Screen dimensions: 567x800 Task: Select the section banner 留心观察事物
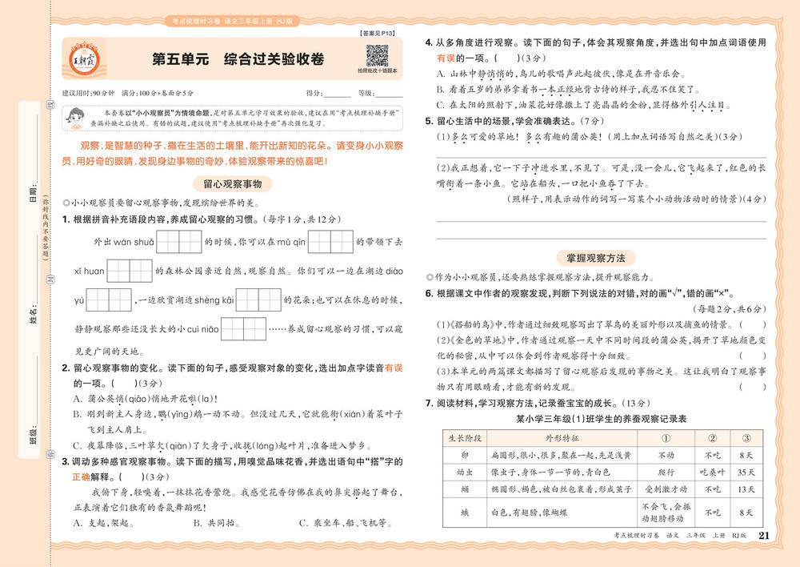(232, 183)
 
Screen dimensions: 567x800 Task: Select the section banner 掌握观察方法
(601, 258)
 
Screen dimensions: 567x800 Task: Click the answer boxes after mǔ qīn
(330, 241)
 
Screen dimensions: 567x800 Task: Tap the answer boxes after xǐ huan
(129, 271)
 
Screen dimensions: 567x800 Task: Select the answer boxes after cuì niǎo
(244, 329)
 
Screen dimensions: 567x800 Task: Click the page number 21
(762, 536)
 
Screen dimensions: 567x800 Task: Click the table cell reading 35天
(746, 472)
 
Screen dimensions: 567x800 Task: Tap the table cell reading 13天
(746, 489)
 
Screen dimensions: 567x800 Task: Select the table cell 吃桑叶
(710, 472)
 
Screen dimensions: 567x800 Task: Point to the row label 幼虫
(465, 472)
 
